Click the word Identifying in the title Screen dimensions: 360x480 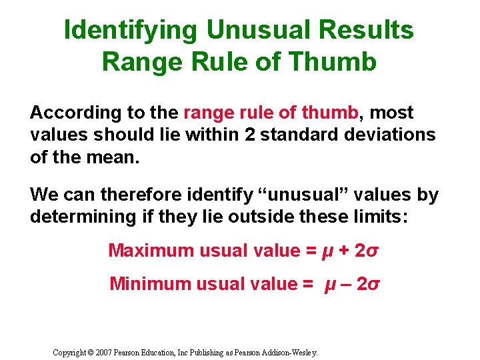(131, 30)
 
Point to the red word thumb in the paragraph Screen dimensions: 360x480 (330, 113)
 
